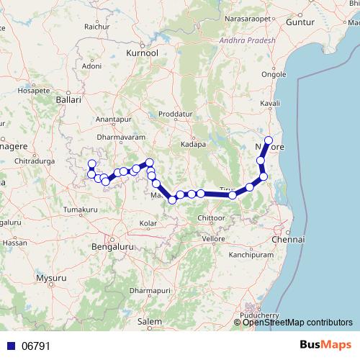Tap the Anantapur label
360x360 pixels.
click(x=114, y=120)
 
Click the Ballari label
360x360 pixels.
click(x=68, y=101)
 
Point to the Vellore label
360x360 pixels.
click(x=214, y=238)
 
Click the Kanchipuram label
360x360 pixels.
click(x=249, y=255)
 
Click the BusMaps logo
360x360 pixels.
click(x=328, y=345)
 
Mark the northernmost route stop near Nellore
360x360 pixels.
click(x=269, y=140)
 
